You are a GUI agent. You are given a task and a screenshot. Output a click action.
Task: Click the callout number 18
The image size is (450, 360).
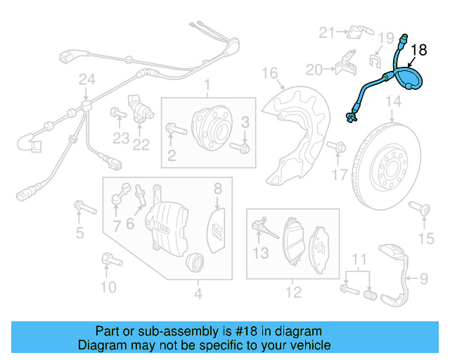[x=418, y=50]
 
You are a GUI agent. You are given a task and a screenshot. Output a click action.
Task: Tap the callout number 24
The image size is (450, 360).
[x=86, y=80]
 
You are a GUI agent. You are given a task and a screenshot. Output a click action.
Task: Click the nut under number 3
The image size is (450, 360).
[x=244, y=148]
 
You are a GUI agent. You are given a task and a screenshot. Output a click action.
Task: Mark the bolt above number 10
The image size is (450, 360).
[x=108, y=259]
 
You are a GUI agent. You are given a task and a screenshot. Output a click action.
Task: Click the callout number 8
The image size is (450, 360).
[x=218, y=188]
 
